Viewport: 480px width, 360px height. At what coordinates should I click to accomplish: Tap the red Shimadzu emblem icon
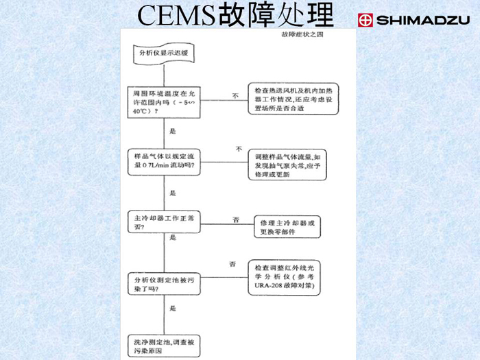coord(365,20)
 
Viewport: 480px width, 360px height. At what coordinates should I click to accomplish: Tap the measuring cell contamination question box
coord(163,284)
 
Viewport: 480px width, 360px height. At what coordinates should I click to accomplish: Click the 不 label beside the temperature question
coord(235,96)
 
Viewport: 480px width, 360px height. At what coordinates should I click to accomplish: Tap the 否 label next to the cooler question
coord(235,219)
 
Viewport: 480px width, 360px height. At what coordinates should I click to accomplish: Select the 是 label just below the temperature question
coord(173,130)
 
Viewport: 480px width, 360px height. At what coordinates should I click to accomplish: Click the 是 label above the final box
coord(173,312)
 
